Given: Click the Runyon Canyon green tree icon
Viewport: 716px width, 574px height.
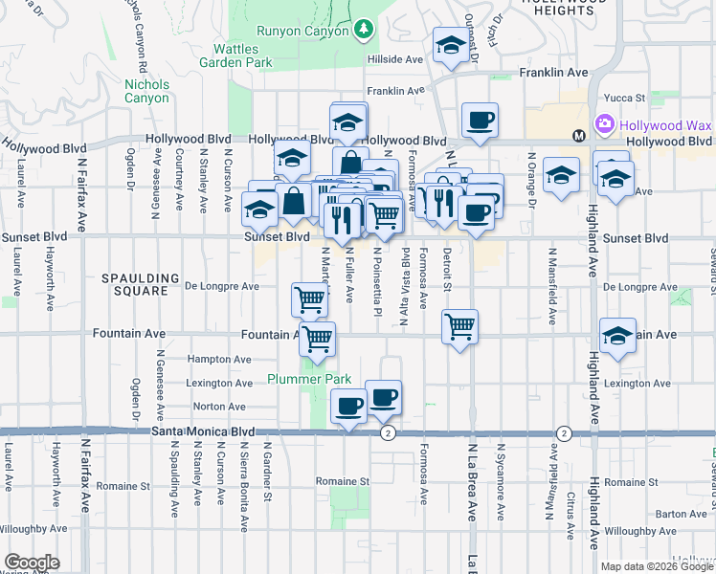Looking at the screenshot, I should point(363,31).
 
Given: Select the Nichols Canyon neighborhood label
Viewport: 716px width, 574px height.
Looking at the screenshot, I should point(146,91).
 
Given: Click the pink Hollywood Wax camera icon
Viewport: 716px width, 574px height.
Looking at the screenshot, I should point(604,124).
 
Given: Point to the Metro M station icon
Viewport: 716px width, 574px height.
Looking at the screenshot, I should point(579,136).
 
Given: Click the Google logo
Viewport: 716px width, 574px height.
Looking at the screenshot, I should point(32,563).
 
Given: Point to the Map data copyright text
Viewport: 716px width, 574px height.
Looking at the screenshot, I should point(656,566).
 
